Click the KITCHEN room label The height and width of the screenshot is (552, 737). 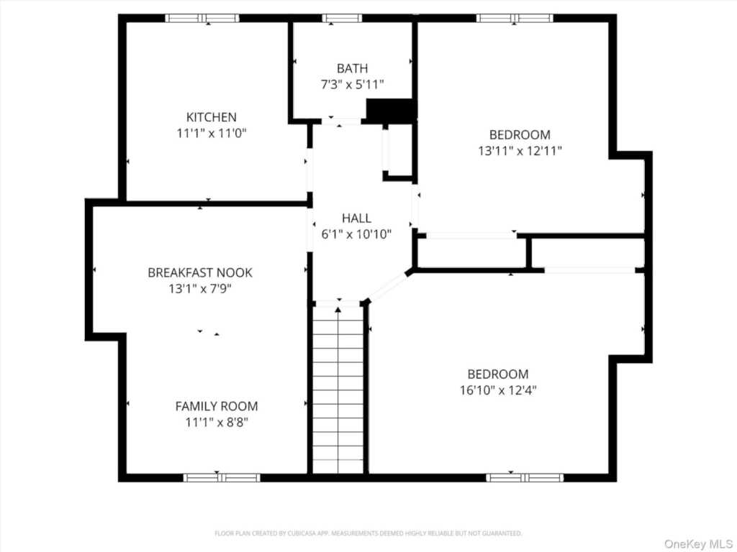(x=212, y=117)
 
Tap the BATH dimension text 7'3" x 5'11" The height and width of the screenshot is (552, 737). (x=352, y=85)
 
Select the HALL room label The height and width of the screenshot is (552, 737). (x=356, y=218)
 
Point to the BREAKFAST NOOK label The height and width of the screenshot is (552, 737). (x=200, y=272)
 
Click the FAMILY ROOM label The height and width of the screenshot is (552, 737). (x=216, y=406)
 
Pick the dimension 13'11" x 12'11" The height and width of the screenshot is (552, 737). (x=520, y=151)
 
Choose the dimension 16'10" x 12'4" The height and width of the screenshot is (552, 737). (x=498, y=390)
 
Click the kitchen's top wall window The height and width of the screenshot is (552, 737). (x=202, y=18)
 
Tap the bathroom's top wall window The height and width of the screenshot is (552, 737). (x=342, y=18)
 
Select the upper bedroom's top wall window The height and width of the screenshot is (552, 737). (x=515, y=18)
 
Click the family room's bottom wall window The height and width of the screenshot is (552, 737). (x=222, y=478)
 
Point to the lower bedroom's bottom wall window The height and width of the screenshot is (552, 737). (x=525, y=478)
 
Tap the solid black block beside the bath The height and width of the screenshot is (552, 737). (x=390, y=111)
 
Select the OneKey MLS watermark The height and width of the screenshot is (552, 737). (x=697, y=543)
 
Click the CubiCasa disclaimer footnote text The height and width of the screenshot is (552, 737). (x=368, y=533)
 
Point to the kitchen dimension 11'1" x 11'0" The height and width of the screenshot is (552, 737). (x=212, y=133)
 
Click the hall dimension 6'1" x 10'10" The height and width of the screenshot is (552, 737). (x=356, y=234)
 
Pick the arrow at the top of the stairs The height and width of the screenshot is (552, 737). (x=338, y=309)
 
